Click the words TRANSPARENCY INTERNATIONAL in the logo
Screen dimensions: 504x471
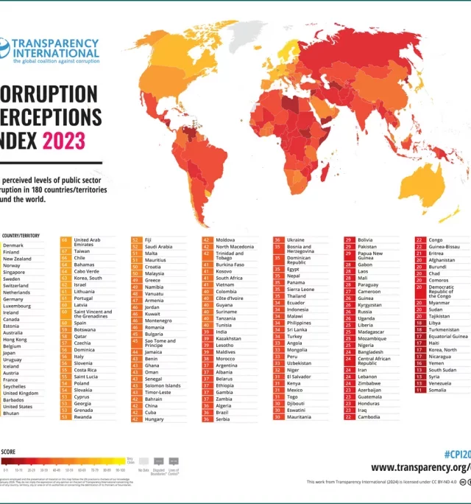point(56,48)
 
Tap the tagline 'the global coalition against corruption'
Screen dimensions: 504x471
point(56,62)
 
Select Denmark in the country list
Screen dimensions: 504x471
point(13,245)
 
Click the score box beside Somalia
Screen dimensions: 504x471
point(419,390)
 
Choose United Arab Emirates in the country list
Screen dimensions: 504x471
point(88,243)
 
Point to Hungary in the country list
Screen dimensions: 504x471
point(155,419)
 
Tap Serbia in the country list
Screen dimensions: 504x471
point(224,419)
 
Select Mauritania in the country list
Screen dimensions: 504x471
point(299,417)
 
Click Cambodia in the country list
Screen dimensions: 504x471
point(369,417)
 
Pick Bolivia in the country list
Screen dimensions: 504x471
point(365,240)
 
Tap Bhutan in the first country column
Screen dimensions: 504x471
point(11,413)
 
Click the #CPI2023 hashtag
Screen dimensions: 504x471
point(457,452)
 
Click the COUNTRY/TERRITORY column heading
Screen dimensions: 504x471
point(20,235)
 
